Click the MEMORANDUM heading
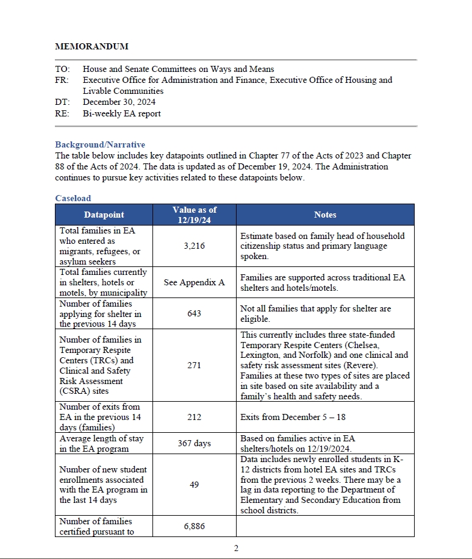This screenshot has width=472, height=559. (91, 46)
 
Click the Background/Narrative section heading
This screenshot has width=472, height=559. (100, 144)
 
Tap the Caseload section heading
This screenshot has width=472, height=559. (73, 198)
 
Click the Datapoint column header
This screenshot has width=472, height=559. (104, 215)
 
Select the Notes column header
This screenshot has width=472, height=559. (325, 215)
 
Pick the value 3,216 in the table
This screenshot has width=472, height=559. (194, 246)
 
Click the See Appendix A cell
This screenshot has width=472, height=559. (194, 282)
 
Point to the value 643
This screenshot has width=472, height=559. (194, 314)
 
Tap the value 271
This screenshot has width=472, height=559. (194, 366)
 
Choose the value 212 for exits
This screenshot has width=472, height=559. (194, 418)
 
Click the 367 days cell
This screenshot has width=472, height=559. (194, 443)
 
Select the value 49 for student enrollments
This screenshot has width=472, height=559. (194, 485)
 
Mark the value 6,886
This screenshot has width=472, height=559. (194, 526)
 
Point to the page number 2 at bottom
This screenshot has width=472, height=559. (236, 548)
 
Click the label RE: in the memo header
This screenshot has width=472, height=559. (62, 113)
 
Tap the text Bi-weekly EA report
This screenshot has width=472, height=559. (122, 113)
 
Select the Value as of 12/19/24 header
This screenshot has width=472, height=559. (194, 215)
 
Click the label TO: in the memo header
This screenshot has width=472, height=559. (62, 69)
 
